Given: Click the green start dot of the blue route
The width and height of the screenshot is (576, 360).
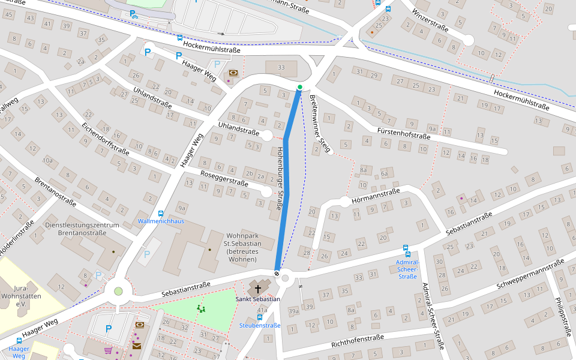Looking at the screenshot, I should pos(300,87).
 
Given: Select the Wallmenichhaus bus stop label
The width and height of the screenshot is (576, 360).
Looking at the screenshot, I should pos(161,221).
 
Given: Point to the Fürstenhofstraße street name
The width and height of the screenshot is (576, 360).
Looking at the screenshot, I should pos(404,133).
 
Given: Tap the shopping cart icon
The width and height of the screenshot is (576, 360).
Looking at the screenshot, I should pos(108,350).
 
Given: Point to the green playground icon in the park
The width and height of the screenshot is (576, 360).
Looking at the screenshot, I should pos(201,309).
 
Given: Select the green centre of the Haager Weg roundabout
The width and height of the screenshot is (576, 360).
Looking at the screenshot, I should pos(118,292).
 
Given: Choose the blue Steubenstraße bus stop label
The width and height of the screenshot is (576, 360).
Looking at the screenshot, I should pos(260,325).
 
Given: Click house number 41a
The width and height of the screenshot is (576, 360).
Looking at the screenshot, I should pos(262,310).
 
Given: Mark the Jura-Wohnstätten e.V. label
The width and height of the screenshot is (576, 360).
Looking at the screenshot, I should pos(24,296).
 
